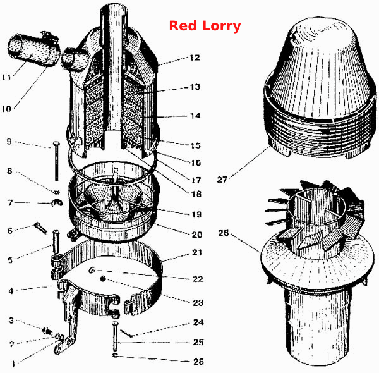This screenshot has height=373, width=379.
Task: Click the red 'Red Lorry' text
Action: click(205, 26)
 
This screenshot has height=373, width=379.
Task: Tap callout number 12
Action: click(195, 58)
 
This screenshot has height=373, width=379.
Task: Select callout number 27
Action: click(222, 180)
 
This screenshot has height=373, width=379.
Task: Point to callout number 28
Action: click(223, 233)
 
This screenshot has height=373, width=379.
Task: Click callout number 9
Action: click(9, 141)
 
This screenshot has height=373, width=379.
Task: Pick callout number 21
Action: click(197, 252)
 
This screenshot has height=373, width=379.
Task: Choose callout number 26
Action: click(198, 362)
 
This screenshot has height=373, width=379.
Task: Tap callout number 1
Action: click(13, 364)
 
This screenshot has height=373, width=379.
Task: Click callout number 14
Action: click(195, 116)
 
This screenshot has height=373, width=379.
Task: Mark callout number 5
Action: click(10, 260)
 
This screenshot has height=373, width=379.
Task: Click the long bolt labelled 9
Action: click(57, 161)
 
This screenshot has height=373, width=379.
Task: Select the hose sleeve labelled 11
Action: click(33, 49)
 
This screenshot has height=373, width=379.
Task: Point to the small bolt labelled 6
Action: click(40, 228)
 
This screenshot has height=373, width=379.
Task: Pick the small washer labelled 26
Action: click(115, 355)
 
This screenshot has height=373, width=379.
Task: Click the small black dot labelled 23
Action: click(103, 279)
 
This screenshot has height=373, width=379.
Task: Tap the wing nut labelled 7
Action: click(57, 202)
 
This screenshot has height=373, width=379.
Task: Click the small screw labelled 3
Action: click(47, 331)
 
